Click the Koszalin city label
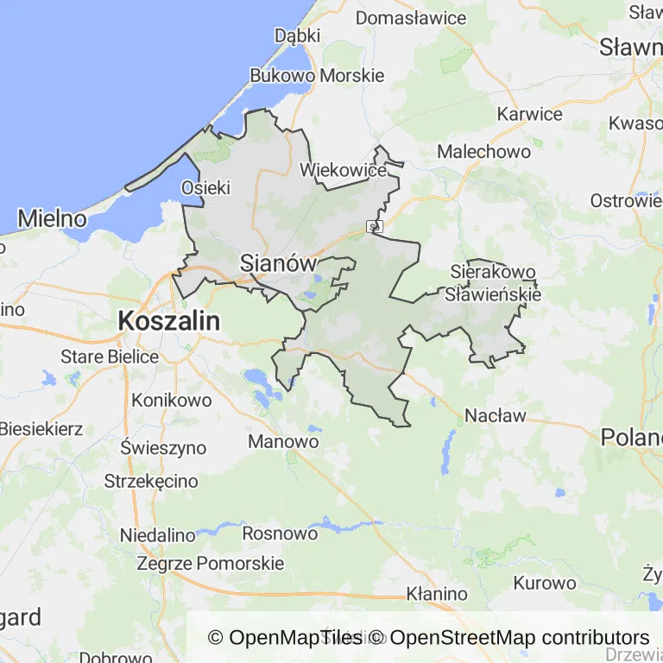click(x=168, y=321)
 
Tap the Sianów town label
click(x=278, y=263)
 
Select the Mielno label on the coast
click(x=52, y=218)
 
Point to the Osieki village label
click(x=205, y=187)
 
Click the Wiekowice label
click(x=343, y=170)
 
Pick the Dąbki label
click(x=297, y=35)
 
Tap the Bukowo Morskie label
click(x=317, y=75)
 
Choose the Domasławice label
click(x=411, y=17)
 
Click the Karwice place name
click(x=530, y=114)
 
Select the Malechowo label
click(x=484, y=151)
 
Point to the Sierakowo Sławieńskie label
click(x=493, y=283)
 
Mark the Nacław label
click(x=496, y=415)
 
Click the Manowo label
click(x=283, y=442)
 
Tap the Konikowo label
click(x=172, y=401)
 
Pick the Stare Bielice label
click(x=110, y=357)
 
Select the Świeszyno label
click(x=164, y=447)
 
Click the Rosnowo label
click(x=280, y=534)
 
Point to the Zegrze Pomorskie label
click(x=211, y=564)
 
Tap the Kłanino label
click(x=437, y=594)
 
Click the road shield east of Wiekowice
click(x=375, y=227)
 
